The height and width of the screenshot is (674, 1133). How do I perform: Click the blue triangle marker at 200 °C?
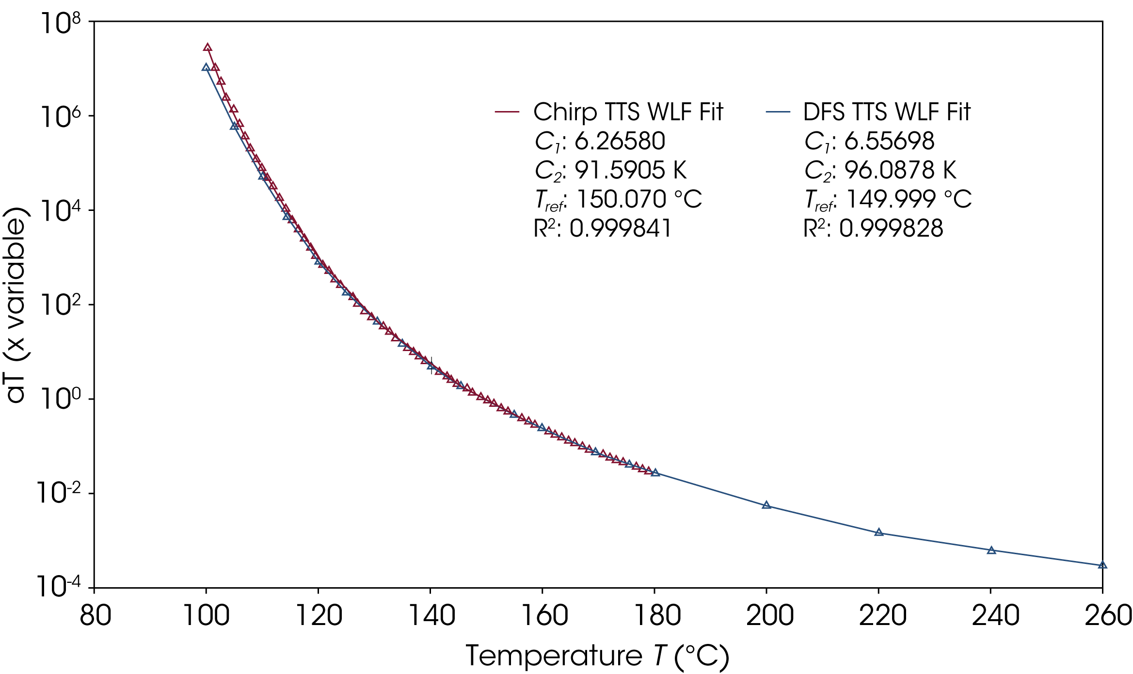click(766, 505)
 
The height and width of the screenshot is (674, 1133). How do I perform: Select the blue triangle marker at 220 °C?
click(879, 532)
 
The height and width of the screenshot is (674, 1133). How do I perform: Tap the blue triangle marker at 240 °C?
click(991, 550)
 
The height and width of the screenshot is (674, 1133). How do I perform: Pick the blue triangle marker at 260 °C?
click(1102, 565)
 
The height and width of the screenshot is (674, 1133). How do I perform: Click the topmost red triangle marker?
click(207, 48)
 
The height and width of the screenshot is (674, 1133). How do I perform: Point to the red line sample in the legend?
click(507, 112)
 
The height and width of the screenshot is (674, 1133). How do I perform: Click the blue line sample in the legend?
click(778, 112)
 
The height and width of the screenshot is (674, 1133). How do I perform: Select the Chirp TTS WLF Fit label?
click(628, 112)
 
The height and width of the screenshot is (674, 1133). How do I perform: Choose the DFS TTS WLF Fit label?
click(887, 112)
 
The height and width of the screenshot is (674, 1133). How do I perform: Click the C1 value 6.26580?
click(620, 141)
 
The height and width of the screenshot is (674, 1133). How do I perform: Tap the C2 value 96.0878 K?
click(900, 170)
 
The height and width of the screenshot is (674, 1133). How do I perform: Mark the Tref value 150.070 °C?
click(639, 199)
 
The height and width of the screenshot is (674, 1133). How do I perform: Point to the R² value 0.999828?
click(891, 228)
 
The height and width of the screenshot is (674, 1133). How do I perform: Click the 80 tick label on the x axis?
click(95, 616)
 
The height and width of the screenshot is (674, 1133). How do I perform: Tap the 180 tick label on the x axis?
click(657, 616)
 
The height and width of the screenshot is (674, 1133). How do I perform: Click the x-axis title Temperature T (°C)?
click(597, 657)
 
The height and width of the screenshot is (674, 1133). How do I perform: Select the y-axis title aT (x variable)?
click(16, 305)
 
